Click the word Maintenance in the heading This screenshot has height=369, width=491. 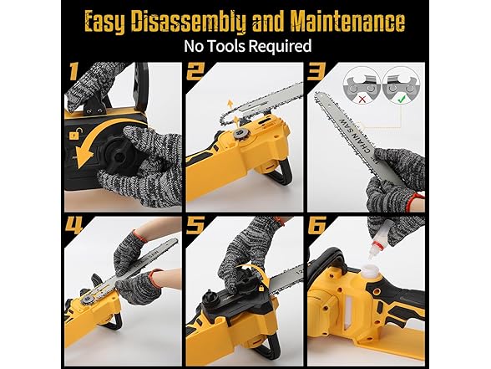click(348, 22)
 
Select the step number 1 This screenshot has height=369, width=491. click(73, 71)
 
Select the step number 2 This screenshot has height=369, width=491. click(196, 71)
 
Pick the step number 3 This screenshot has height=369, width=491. click(317, 71)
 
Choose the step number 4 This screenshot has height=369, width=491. click(73, 224)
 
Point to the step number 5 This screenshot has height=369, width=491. click(195, 224)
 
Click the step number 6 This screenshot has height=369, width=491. click(317, 224)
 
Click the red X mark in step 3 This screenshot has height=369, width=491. click(362, 100)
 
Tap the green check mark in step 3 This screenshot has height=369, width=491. click(401, 100)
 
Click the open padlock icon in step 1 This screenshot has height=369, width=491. click(74, 134)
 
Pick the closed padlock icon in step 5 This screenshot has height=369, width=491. click(261, 288)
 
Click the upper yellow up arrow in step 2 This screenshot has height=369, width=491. click(230, 104)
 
